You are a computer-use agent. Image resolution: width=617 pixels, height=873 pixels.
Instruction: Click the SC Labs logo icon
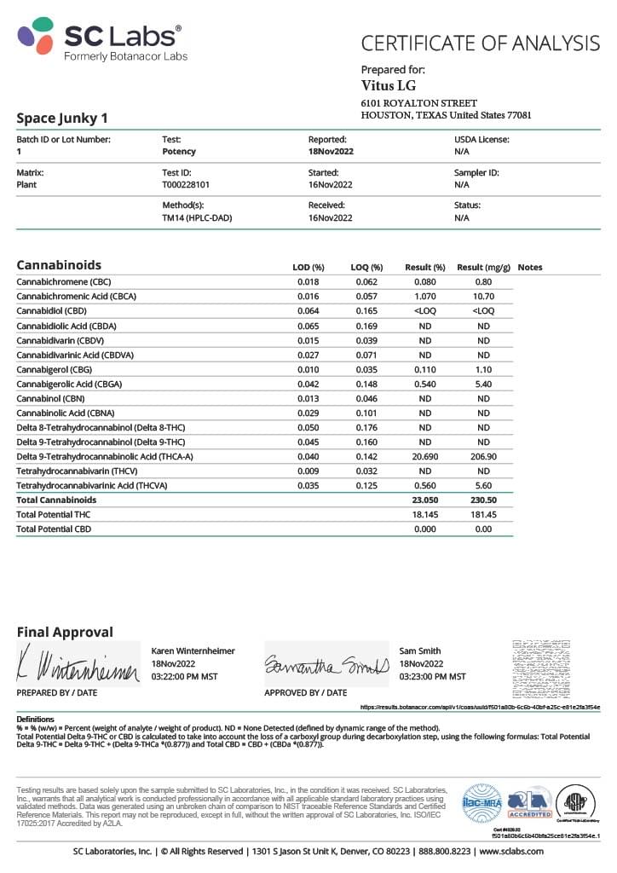click(x=37, y=36)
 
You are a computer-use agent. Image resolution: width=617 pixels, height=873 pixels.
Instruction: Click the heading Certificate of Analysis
click(x=480, y=43)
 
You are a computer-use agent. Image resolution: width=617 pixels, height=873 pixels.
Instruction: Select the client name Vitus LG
click(x=388, y=85)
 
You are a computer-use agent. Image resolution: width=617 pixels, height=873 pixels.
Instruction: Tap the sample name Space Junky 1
click(x=62, y=118)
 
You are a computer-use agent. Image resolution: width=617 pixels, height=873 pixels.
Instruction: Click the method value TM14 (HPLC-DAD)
click(x=197, y=217)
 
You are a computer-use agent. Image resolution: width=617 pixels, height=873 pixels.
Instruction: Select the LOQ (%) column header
click(x=367, y=267)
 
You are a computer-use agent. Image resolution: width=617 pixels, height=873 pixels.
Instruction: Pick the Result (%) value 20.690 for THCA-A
click(x=424, y=457)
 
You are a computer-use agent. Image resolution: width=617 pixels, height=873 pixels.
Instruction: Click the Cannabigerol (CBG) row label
click(x=55, y=371)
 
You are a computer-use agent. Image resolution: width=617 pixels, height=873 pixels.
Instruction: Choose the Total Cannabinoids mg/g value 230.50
click(x=483, y=500)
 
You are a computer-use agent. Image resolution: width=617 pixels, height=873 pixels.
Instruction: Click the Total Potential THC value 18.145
click(x=424, y=515)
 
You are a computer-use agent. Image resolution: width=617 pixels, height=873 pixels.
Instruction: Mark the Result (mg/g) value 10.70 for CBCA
click(x=483, y=297)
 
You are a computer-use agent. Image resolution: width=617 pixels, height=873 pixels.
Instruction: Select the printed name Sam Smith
click(x=419, y=651)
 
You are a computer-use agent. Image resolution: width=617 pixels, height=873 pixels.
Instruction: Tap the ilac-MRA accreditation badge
click(x=480, y=801)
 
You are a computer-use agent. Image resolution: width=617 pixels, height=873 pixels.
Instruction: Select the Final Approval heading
click(x=65, y=632)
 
